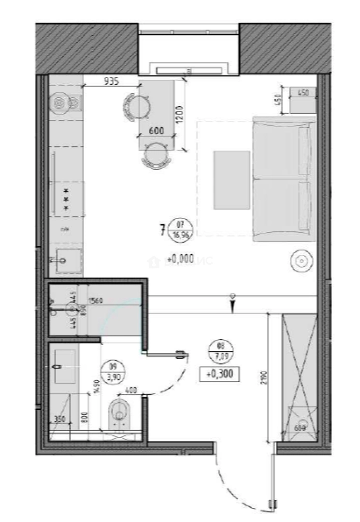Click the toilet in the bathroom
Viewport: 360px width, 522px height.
click(118, 414)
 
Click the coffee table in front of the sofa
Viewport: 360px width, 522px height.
click(232, 180)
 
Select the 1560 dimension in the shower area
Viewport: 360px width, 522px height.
click(96, 301)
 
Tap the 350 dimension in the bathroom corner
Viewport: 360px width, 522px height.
click(60, 420)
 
